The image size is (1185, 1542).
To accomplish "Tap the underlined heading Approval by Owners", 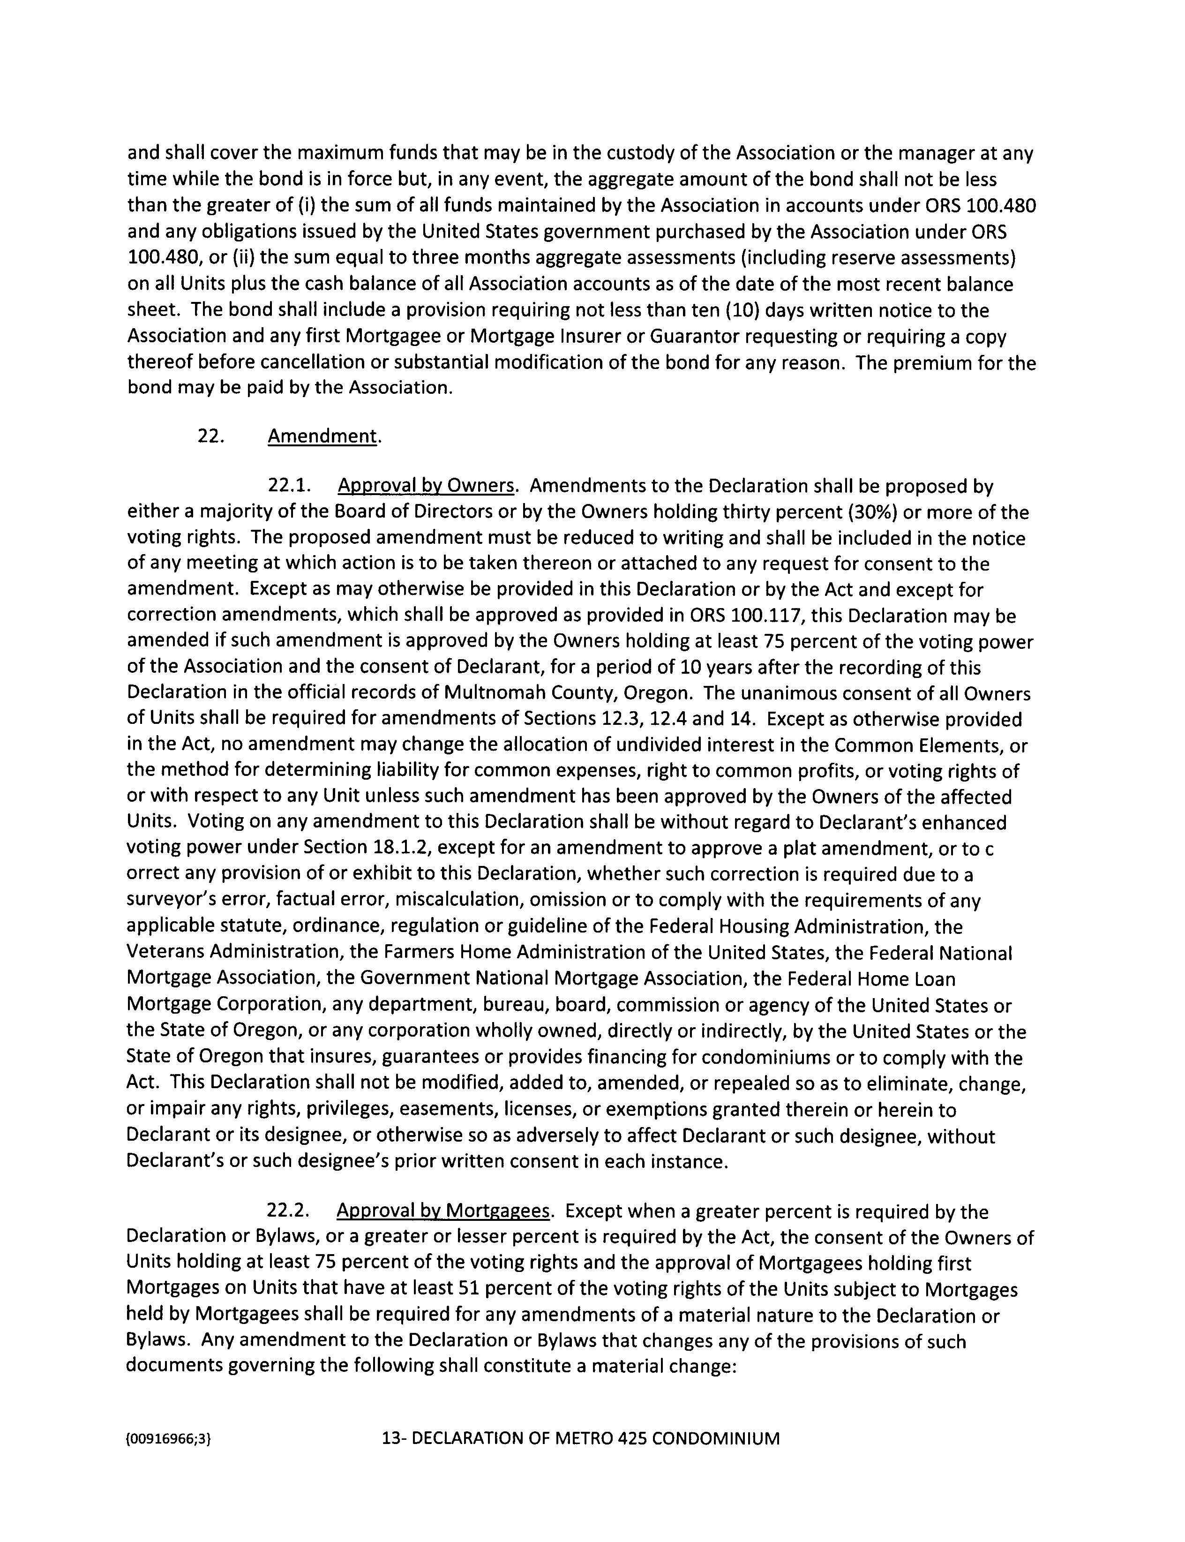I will [425, 486].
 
